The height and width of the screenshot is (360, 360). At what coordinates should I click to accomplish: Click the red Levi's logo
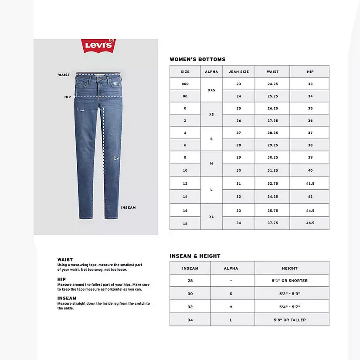98,45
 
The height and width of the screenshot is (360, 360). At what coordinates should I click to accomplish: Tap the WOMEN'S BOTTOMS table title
197,59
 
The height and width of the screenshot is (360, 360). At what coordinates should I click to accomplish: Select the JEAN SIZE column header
238,71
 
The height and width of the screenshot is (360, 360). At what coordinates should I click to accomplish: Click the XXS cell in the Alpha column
211,90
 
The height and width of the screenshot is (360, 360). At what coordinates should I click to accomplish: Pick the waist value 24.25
272,84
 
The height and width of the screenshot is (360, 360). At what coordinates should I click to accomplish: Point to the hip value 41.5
310,183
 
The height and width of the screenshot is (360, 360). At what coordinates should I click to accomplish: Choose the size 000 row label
185,84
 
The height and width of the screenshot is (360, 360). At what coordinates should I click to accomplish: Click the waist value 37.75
272,223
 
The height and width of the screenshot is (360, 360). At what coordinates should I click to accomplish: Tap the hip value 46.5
310,223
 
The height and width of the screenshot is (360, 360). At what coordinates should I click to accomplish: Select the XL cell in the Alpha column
211,217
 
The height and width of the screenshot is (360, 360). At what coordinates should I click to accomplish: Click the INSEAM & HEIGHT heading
195,256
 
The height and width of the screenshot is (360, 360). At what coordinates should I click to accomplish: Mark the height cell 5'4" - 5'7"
289,307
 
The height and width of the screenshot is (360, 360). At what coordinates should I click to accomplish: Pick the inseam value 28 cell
190,281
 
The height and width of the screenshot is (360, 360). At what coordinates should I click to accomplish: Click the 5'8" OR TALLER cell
289,320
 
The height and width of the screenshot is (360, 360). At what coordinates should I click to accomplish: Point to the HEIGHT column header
289,268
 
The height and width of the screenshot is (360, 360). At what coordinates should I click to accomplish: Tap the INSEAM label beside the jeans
128,208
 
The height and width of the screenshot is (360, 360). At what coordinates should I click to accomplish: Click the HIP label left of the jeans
67,97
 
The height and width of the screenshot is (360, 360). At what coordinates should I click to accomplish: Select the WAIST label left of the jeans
64,75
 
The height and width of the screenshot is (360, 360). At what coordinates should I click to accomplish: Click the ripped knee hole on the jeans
115,159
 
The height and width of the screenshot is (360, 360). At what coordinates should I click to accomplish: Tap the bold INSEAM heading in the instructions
67,298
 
